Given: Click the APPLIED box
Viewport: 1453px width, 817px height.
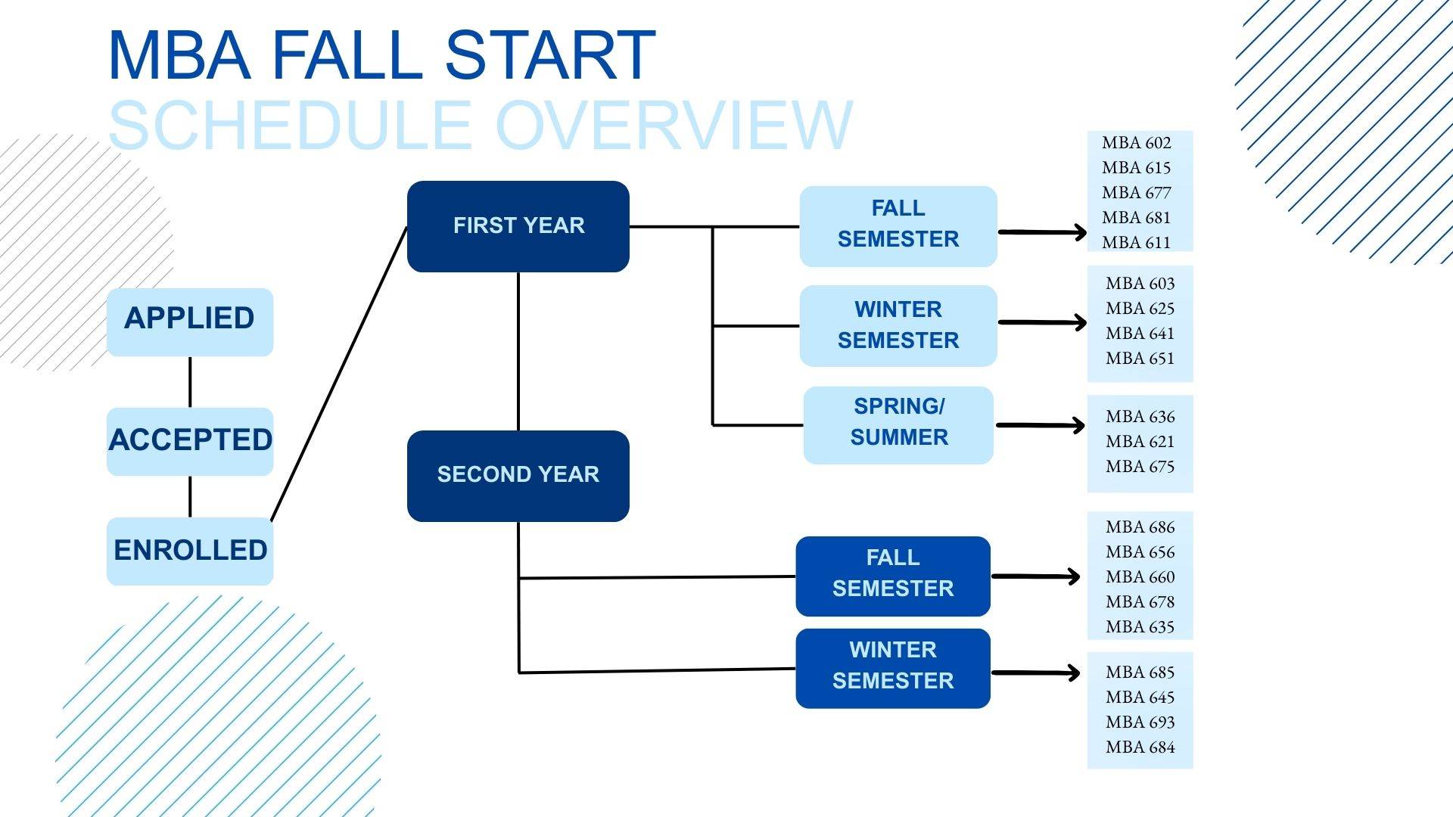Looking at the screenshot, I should pyautogui.click(x=189, y=322).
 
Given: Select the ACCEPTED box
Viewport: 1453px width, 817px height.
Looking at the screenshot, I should pyautogui.click(x=189, y=441).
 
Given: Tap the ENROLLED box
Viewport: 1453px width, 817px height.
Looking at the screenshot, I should pyautogui.click(x=189, y=551).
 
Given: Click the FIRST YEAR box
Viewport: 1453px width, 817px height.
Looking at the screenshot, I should pyautogui.click(x=518, y=226).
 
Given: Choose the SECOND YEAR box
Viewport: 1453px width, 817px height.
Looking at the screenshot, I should pyautogui.click(x=518, y=475).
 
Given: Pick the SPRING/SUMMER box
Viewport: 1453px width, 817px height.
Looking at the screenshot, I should pyautogui.click(x=898, y=424).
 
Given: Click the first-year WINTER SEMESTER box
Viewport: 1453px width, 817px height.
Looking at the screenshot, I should pyautogui.click(x=898, y=325).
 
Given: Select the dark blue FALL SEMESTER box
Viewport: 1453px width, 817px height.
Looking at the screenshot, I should pyautogui.click(x=893, y=576).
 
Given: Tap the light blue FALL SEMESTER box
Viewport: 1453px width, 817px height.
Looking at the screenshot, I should pyautogui.click(x=898, y=225).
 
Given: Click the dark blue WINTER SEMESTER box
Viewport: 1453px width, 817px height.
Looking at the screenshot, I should pyautogui.click(x=893, y=668).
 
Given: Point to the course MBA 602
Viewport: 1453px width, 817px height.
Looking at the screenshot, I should pyautogui.click(x=1136, y=143).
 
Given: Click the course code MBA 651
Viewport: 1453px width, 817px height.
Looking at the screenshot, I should pyautogui.click(x=1140, y=359).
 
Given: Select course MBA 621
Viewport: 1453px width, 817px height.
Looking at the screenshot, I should pyautogui.click(x=1140, y=442).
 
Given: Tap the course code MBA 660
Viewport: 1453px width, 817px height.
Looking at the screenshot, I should pyautogui.click(x=1140, y=577).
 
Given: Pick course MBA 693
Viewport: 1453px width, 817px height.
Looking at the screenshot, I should pyautogui.click(x=1140, y=722).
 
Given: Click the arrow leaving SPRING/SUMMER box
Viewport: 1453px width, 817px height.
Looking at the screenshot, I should pyautogui.click(x=1040, y=425).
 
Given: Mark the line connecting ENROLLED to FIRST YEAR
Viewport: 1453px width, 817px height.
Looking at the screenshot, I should pyautogui.click(x=339, y=374).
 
